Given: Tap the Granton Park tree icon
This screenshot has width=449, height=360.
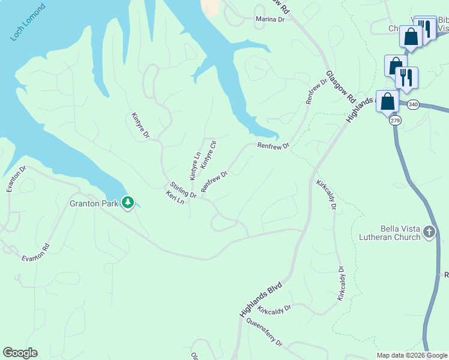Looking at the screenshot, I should pos(127,203).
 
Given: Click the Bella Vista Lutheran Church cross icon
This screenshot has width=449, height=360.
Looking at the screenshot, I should pos(429,232).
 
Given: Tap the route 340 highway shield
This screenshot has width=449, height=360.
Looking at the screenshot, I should pos(412,104).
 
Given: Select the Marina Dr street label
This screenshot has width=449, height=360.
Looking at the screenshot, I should pos(269,19).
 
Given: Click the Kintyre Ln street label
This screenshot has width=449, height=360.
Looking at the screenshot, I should pos(195,166).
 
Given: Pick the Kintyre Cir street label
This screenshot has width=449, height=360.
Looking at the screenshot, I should pos(208,155).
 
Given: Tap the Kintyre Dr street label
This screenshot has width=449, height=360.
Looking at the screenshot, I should pos(140,125).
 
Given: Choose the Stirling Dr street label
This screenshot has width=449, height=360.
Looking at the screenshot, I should pos(183,190).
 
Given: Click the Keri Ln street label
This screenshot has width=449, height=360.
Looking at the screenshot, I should pos(175,197).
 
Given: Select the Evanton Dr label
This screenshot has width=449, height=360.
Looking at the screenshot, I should pos(17,179).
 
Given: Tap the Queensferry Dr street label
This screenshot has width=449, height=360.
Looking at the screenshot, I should pos(264,332).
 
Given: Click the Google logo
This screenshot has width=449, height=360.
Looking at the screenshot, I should pos(20,353).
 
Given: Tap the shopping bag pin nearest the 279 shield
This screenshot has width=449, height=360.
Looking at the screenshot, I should pos(388,101).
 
